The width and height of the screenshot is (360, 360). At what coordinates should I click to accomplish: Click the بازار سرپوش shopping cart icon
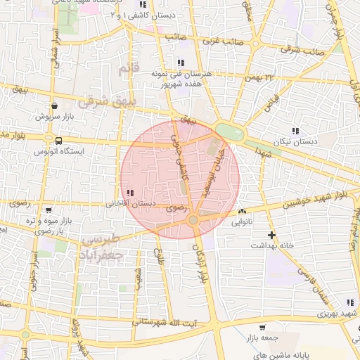pyautogui.click(x=54, y=106)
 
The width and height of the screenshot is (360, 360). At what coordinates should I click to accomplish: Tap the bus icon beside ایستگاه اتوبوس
pyautogui.click(x=59, y=141)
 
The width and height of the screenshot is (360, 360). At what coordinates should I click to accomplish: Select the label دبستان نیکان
pyautogui.click(x=295, y=141)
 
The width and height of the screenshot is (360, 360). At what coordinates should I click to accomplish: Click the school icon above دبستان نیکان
pyautogui.click(x=295, y=131)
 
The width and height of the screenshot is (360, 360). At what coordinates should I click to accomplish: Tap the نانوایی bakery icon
pyautogui.click(x=243, y=211)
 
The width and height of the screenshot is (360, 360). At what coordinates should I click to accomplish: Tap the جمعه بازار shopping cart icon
pyautogui.click(x=262, y=327)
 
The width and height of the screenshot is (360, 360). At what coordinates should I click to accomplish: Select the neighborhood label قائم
pyautogui.click(x=126, y=69)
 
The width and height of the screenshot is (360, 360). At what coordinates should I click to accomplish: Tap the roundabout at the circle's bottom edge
pyautogui.click(x=193, y=221)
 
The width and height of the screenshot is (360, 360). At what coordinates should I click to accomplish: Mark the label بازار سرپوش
pyautogui.click(x=54, y=116)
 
